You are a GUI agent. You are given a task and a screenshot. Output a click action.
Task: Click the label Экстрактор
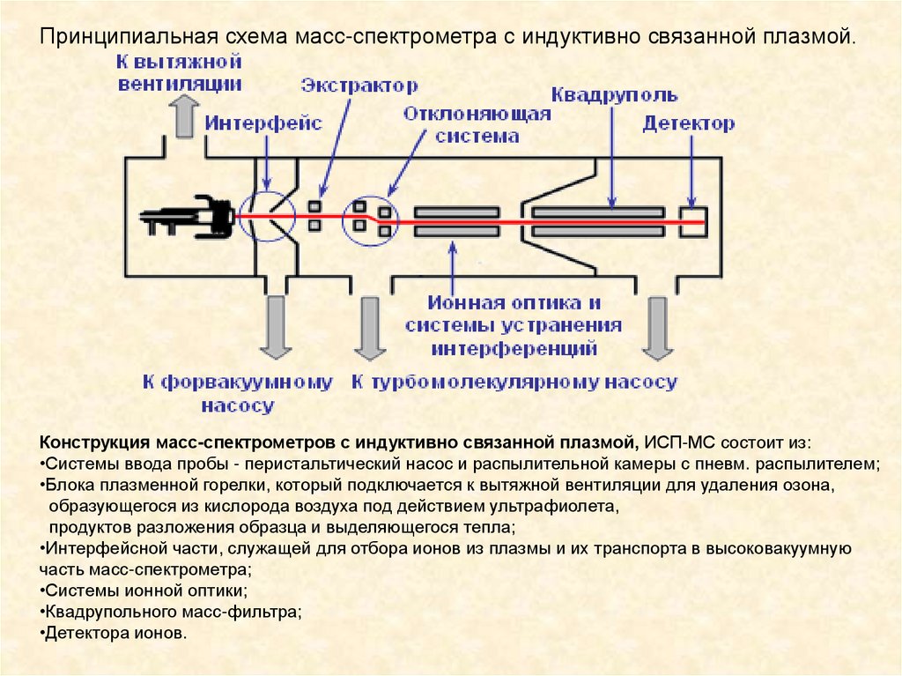[x=359, y=85]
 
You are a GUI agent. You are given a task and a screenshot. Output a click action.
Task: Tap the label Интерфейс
[x=264, y=124]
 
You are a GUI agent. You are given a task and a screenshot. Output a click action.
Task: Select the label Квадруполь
[x=614, y=94]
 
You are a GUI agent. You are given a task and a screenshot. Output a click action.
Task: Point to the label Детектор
[x=688, y=124]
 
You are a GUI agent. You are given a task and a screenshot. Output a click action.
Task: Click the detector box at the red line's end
[x=692, y=219]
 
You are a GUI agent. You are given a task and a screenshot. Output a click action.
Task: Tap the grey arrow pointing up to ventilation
[x=184, y=116]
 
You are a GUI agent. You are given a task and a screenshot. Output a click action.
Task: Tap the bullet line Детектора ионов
[x=115, y=634]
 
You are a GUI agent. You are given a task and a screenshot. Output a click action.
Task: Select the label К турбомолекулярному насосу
[x=514, y=383]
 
